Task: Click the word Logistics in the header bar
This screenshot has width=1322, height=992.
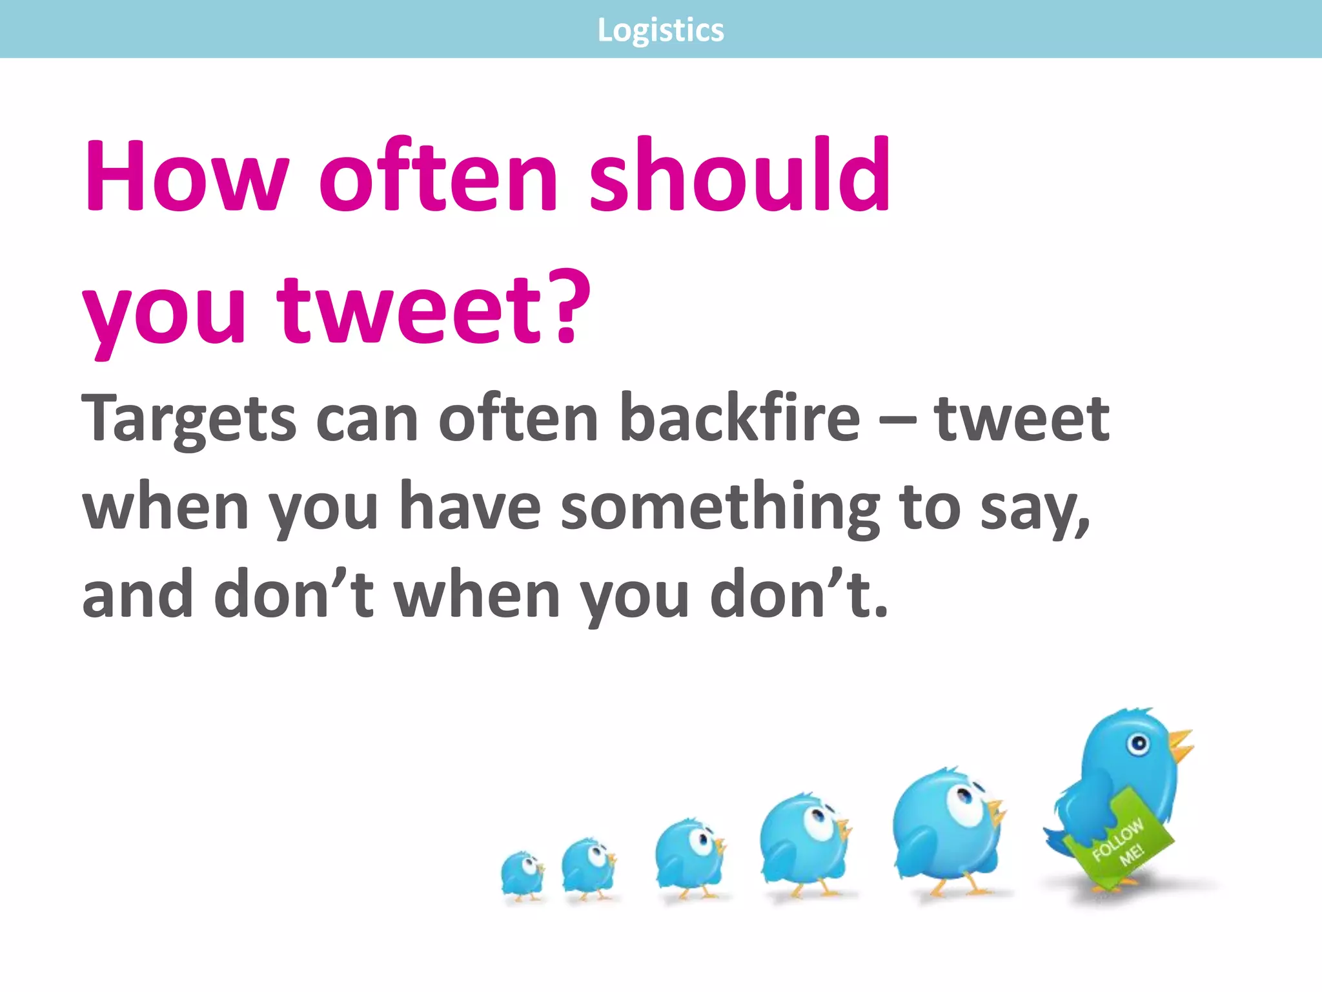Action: [x=660, y=30]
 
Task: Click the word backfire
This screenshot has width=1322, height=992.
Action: [x=739, y=418]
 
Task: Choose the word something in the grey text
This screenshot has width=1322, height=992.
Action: [x=720, y=508]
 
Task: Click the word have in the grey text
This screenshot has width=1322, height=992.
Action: [x=470, y=508]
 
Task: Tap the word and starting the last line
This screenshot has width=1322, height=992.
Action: [x=137, y=594]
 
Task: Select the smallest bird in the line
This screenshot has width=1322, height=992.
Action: [x=522, y=876]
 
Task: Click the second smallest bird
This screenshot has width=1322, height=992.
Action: [x=588, y=867]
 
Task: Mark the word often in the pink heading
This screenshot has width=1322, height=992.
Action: [x=439, y=176]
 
